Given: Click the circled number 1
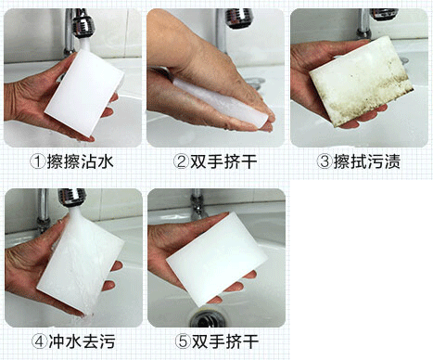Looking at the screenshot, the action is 38,161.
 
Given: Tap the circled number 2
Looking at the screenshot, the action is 181,161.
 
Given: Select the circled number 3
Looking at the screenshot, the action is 325,161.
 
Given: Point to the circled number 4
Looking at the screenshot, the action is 40,341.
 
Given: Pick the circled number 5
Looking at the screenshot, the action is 183,341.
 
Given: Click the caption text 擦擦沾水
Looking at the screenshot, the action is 81,161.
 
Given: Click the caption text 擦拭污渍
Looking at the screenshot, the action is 367,161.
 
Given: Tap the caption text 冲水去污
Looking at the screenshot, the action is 83,341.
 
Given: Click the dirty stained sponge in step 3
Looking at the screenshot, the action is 362,81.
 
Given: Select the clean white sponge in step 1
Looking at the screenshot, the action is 84,93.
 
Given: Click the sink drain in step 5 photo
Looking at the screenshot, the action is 207,319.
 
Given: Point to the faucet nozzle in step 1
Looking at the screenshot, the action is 83,23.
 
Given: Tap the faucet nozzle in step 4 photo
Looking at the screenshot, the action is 71,198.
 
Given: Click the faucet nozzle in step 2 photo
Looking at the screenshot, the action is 239,18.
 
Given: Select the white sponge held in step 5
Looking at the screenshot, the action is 216,260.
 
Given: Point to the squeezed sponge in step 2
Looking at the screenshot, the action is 220,102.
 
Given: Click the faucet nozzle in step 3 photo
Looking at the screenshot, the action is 383,14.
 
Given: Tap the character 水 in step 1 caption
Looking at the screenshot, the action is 106,161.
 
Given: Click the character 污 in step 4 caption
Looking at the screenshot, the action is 108,341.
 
